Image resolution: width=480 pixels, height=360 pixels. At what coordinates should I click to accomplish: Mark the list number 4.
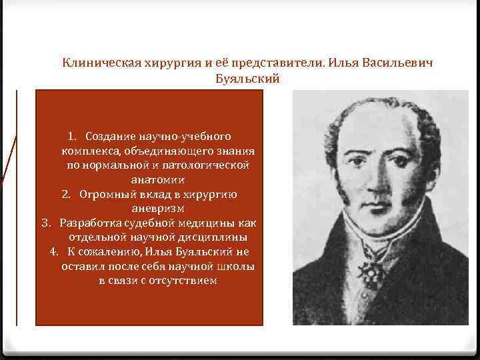click(55, 251)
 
